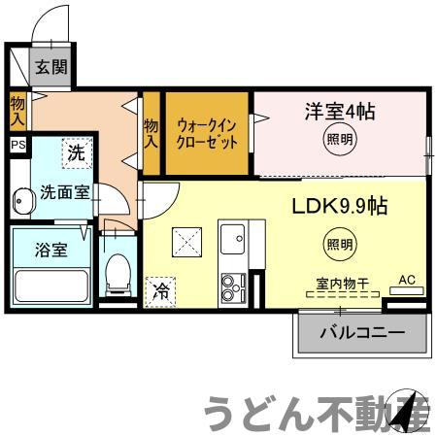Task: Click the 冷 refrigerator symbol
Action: coord(159,290)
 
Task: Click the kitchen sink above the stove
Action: coord(233,239)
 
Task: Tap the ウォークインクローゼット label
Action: coord(208,133)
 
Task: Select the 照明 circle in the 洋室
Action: coord(333,141)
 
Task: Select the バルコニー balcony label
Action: coord(362,334)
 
